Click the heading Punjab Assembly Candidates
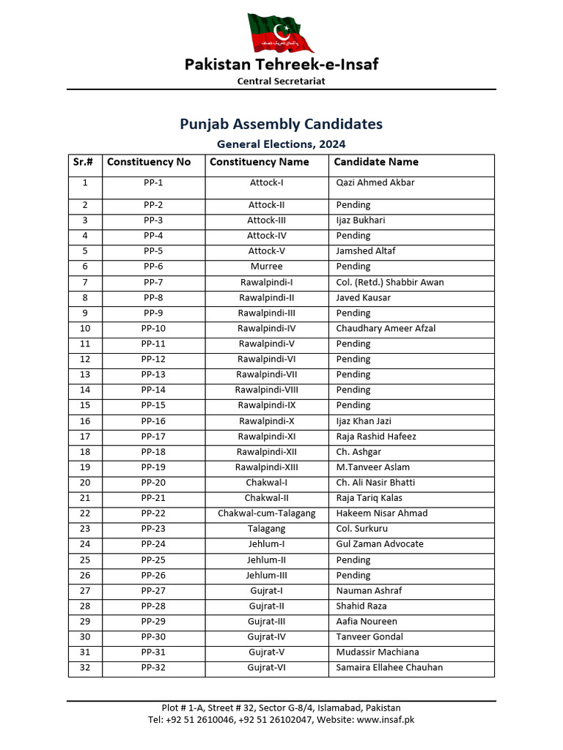point(281,124)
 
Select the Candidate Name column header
point(376,162)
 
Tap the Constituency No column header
point(149,162)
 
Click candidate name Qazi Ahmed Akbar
point(375,182)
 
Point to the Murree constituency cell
point(266,267)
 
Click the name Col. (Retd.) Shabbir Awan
point(389,282)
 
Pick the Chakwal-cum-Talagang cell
point(266,513)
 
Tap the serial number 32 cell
point(85,667)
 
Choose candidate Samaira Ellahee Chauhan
point(389,667)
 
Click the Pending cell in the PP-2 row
point(353,205)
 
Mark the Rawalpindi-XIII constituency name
point(266,467)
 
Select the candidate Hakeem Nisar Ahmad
point(381,513)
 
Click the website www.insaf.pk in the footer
point(386,719)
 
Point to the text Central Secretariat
point(281,81)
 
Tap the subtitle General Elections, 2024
point(281,144)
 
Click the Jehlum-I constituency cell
point(266,544)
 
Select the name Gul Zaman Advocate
point(380,544)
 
